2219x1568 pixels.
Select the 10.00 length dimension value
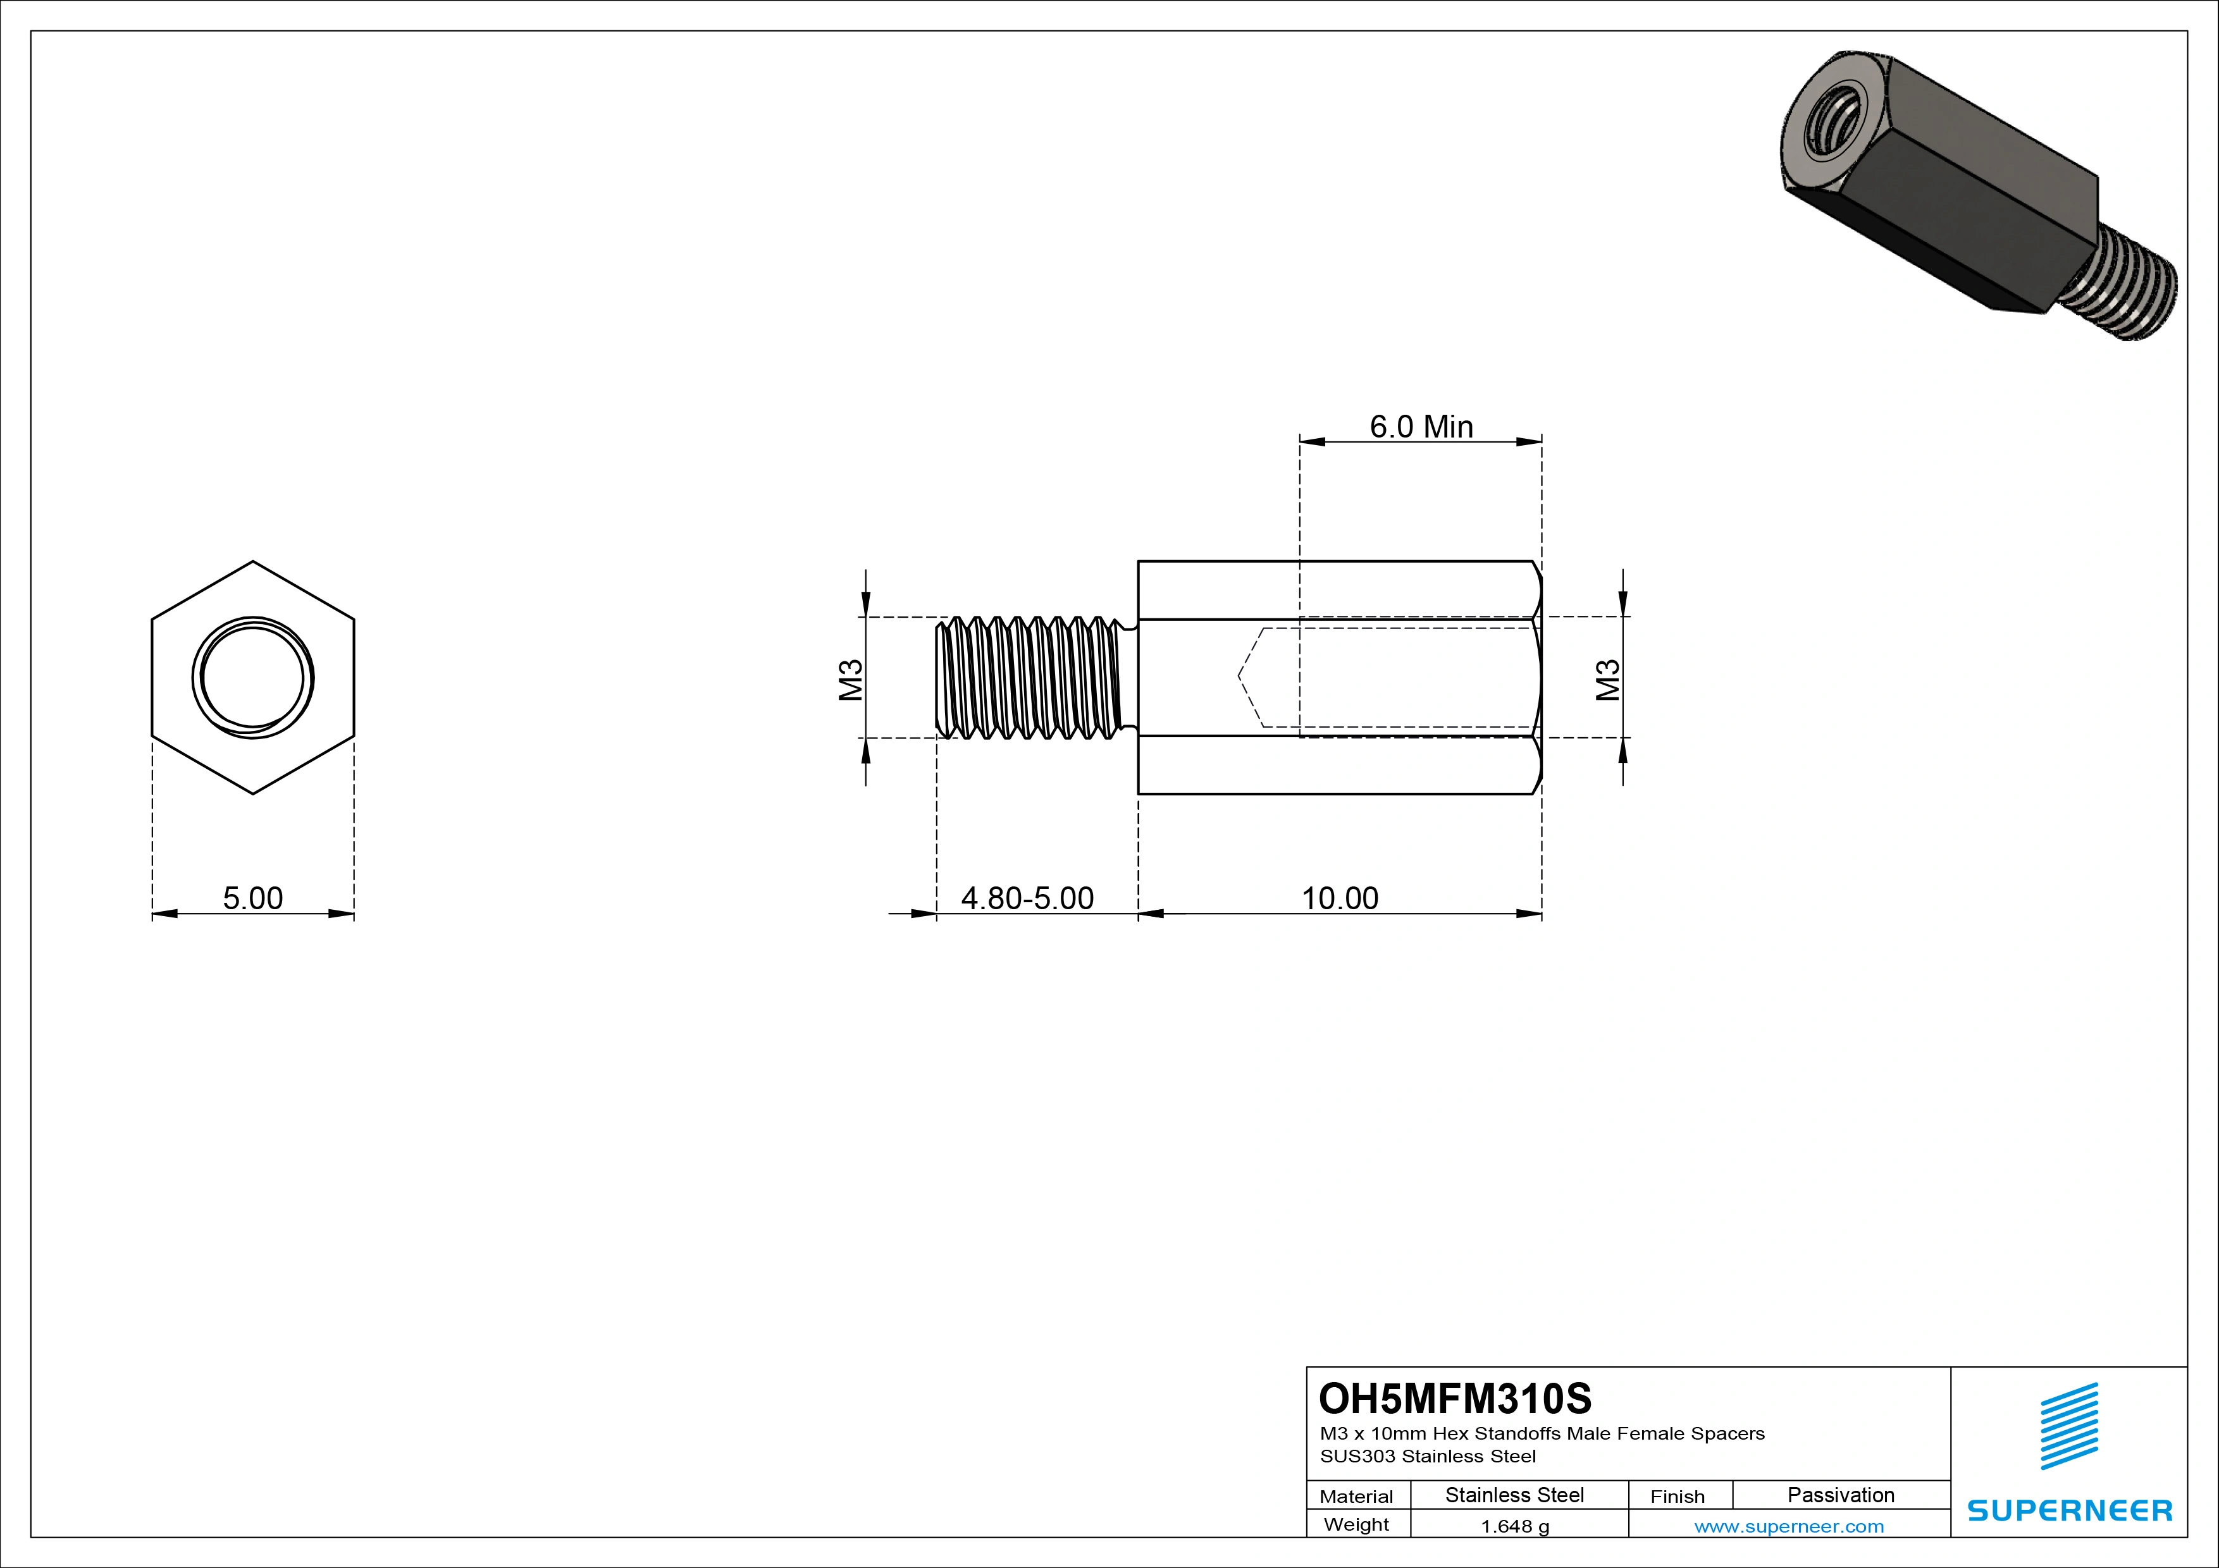coord(1340,898)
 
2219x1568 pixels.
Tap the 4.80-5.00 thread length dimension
coord(1027,898)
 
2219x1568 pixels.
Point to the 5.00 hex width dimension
coord(253,898)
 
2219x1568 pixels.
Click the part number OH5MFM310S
coord(1454,1398)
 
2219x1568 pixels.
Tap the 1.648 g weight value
coord(1514,1526)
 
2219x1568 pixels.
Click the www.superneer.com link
coord(1789,1526)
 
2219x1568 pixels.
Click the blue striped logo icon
coord(2069,1426)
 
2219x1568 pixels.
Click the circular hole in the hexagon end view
coord(252,677)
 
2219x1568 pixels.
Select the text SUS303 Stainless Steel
coord(1428,1456)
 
